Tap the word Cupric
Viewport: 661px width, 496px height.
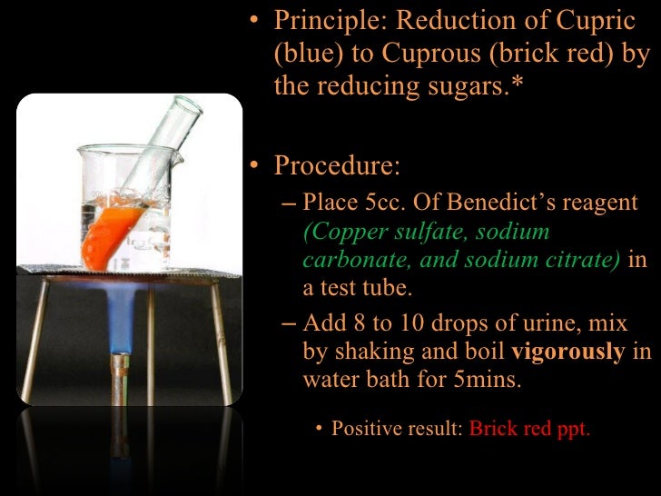coord(612,21)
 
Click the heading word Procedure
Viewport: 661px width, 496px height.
coord(336,166)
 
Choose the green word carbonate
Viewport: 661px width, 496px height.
coord(343,261)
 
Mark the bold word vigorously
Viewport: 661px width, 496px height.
coord(568,352)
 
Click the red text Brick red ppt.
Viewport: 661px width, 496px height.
coord(529,429)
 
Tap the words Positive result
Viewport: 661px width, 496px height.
coord(398,429)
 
